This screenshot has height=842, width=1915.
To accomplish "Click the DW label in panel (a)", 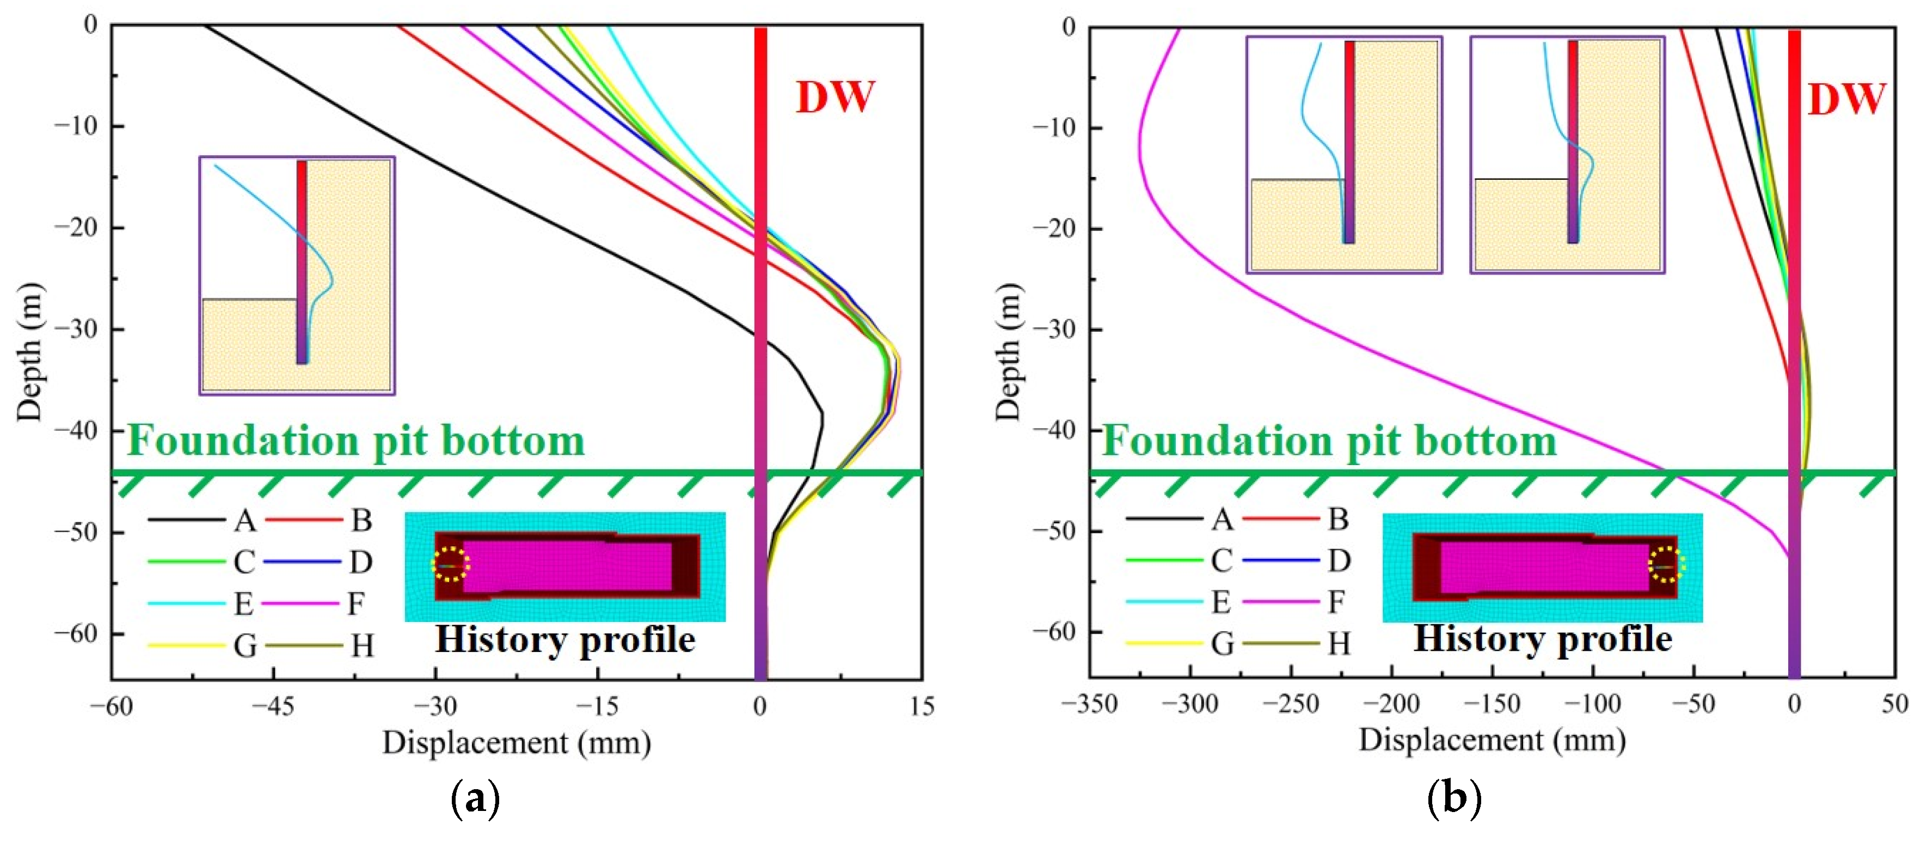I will click(835, 97).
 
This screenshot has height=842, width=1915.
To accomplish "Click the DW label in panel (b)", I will click(1846, 99).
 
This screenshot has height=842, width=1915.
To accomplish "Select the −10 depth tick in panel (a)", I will click(78, 126).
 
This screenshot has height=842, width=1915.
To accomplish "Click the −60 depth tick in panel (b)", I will click(1055, 632).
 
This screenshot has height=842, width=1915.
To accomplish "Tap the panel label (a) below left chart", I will click(476, 800).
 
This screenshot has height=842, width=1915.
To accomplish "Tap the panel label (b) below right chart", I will click(1455, 800).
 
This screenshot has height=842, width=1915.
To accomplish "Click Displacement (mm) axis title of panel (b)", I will click(1492, 740).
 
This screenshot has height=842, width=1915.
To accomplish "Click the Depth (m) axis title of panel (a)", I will click(30, 352).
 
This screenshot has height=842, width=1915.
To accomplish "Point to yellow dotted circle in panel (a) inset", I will click(451, 565).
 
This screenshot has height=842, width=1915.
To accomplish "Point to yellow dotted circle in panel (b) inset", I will click(1666, 565).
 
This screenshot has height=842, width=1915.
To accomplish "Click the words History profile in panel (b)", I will click(1543, 639).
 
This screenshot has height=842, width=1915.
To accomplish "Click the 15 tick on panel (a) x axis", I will click(921, 706).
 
